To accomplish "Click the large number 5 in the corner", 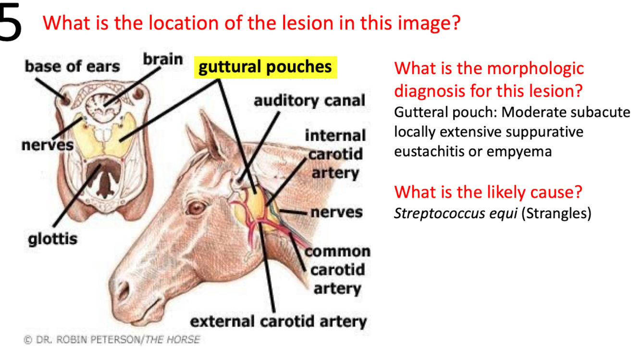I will coord(11,22).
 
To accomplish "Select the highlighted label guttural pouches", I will coord(265,67).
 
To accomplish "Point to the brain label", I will coord(163,60).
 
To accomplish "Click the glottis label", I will coord(52,238).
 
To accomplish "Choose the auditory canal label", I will coord(309,101).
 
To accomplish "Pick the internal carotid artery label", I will coord(335,154).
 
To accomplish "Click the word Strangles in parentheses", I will coord(559,213).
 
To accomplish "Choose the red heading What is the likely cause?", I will coord(488,192).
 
